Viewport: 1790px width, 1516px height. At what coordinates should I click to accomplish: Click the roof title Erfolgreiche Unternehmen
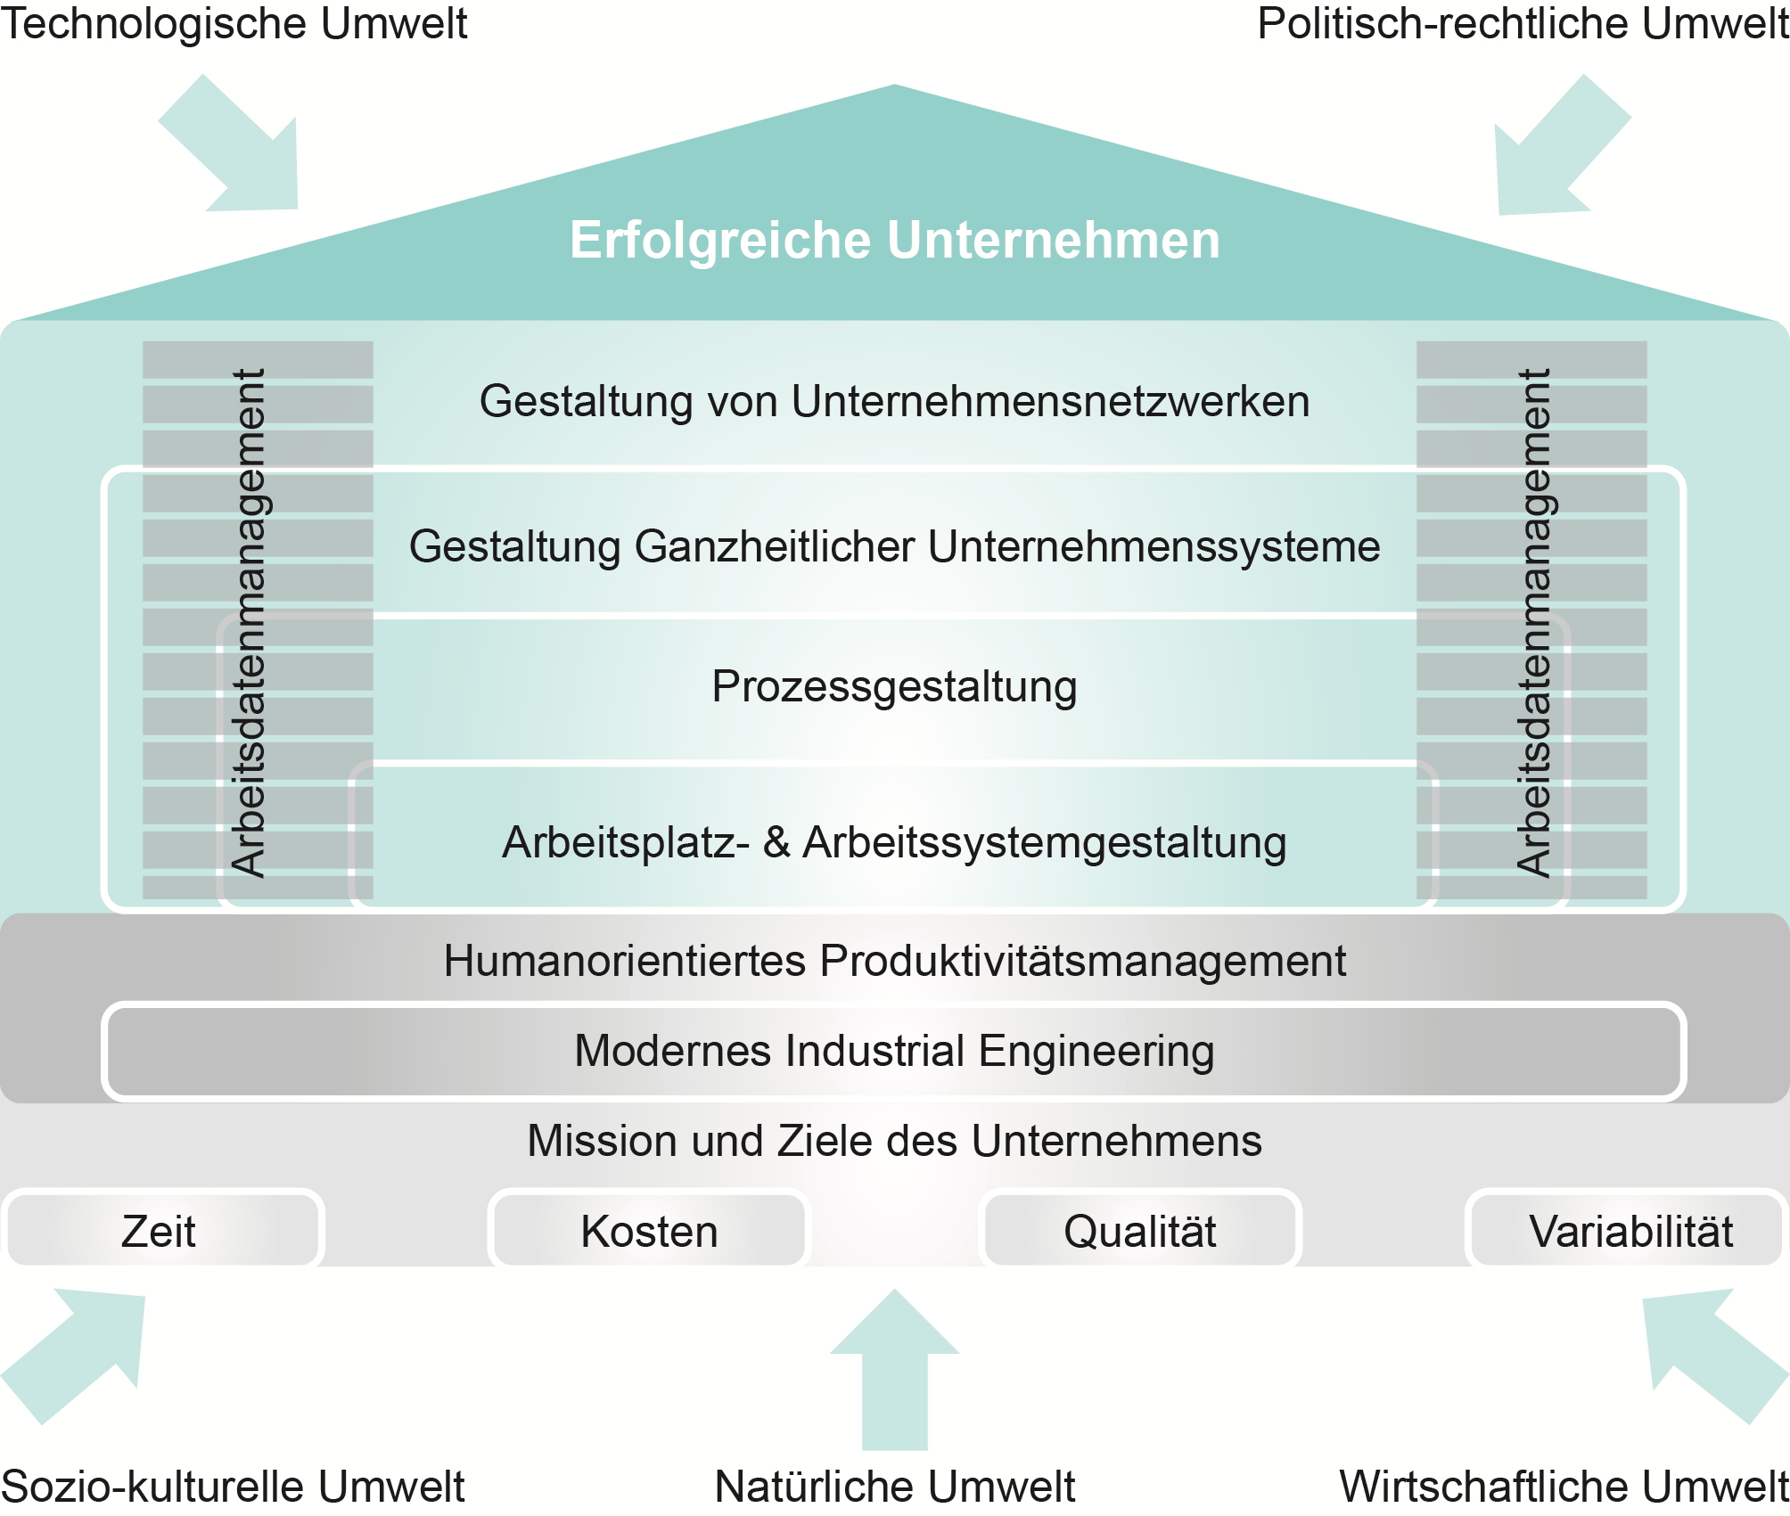point(895,241)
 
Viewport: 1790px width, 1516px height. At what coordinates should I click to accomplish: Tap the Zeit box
point(162,1230)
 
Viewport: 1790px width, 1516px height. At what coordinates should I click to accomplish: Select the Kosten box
point(649,1230)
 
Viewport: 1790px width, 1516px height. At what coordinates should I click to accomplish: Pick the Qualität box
point(1140,1230)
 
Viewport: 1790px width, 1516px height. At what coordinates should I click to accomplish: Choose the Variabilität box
point(1628,1230)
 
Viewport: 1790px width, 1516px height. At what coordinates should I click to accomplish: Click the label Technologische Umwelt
point(234,24)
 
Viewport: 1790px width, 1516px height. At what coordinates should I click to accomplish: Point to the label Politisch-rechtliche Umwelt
point(1523,24)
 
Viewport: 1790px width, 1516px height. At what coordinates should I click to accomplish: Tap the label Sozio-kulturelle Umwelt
point(233,1486)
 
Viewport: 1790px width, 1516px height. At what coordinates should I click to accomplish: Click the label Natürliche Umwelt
point(895,1486)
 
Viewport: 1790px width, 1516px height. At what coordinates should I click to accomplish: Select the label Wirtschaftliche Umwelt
point(1564,1486)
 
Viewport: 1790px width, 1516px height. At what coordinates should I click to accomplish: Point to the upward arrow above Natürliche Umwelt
point(895,1369)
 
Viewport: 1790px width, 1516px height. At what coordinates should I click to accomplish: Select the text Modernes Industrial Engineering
point(894,1052)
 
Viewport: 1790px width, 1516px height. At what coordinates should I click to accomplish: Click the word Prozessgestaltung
point(894,688)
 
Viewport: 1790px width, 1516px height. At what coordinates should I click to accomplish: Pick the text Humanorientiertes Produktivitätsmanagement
point(894,961)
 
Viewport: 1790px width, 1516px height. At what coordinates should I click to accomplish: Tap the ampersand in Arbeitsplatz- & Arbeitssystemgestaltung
point(776,841)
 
